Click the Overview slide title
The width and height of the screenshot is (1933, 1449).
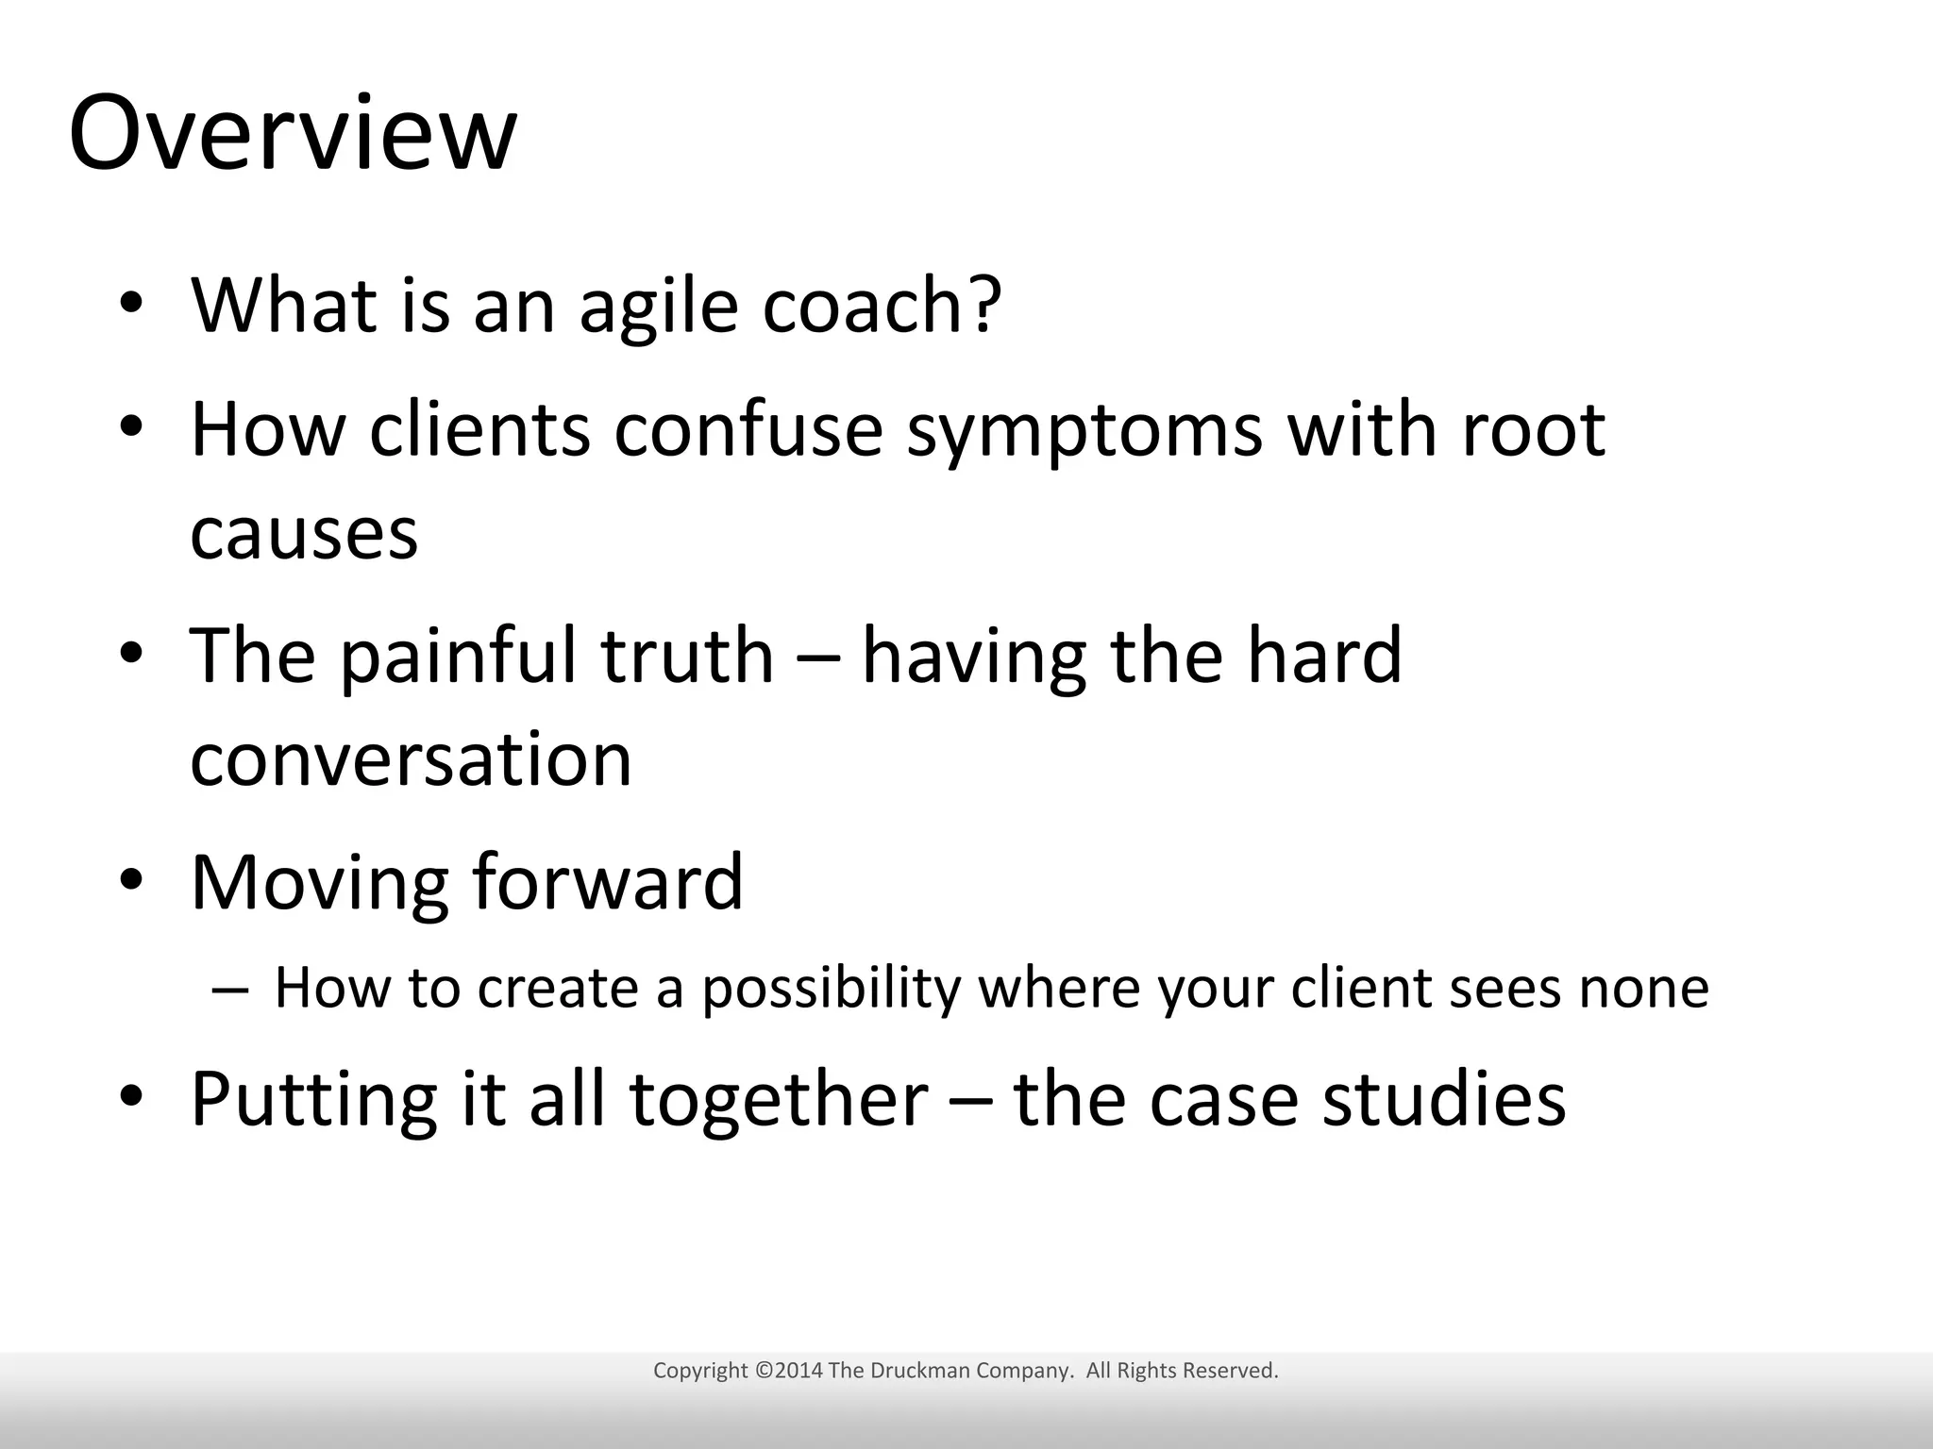tap(293, 134)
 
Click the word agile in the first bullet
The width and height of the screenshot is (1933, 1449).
tap(658, 307)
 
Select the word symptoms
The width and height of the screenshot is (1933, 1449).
tap(1084, 432)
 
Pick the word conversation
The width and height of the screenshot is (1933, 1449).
tap(411, 759)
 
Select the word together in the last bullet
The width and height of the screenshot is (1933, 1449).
tap(779, 1100)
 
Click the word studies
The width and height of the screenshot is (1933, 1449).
tap(1443, 1100)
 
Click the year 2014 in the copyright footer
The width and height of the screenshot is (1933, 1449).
tap(798, 1371)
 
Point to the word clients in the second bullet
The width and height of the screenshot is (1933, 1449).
tap(479, 432)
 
